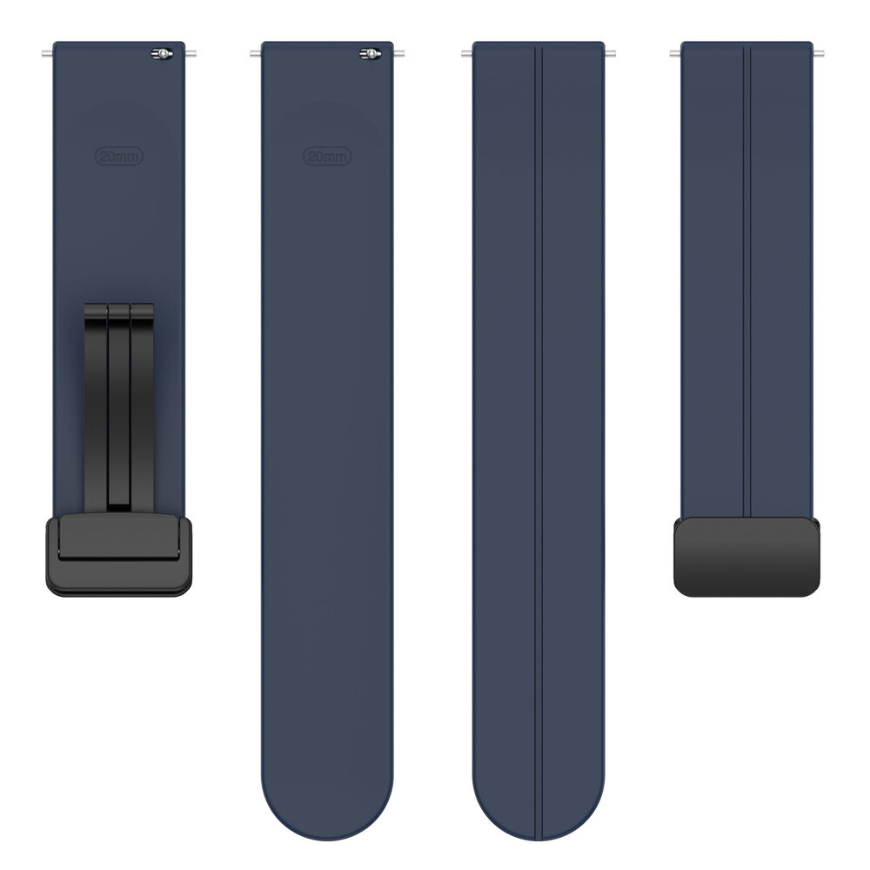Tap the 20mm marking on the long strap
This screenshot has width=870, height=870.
tap(327, 157)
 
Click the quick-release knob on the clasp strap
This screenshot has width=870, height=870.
tap(162, 54)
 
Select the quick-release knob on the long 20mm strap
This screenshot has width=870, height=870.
tap(370, 54)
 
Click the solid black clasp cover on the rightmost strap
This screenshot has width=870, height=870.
tap(747, 558)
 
